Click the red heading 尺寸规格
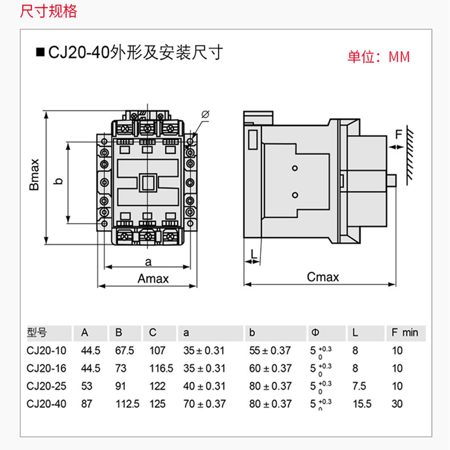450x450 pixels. tap(48, 11)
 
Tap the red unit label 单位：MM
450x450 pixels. tap(378, 57)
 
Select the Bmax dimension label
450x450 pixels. tap(34, 175)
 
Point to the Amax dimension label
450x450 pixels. tap(153, 279)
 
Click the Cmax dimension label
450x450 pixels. tap(323, 277)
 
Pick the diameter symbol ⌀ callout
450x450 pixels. tap(206, 114)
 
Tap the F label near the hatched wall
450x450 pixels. tap(398, 135)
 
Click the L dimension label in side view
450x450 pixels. tap(254, 254)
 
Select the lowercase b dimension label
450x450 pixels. tap(58, 181)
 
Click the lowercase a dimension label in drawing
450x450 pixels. tap(148, 261)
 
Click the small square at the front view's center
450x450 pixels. tap(147, 183)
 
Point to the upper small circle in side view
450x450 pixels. tap(295, 168)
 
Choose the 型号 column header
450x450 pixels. tap(37, 333)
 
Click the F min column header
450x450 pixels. tap(405, 333)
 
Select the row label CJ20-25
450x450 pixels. tap(46, 386)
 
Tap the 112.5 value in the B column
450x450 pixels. tap(128, 404)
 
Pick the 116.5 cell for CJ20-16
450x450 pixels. tap(161, 368)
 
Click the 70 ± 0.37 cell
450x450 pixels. tap(204, 404)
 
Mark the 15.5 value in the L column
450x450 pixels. tap(362, 404)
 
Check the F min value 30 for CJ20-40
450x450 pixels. tap(397, 404)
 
